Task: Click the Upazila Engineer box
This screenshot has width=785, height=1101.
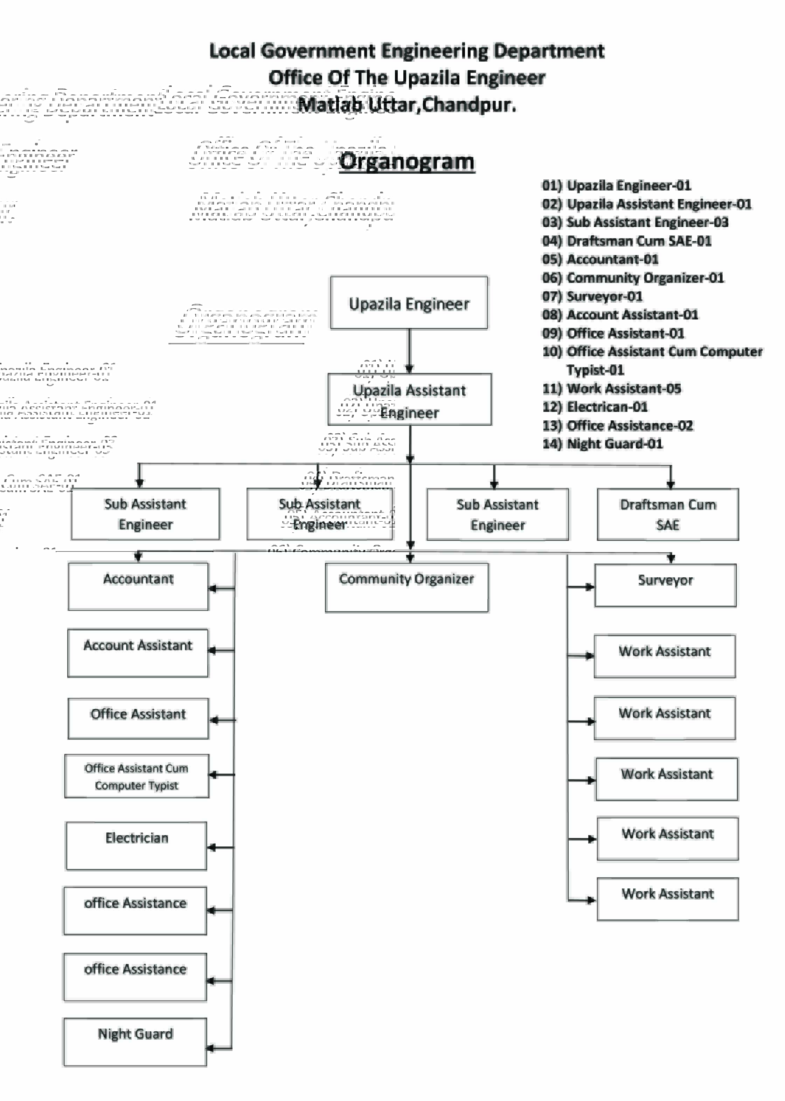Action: [x=409, y=303]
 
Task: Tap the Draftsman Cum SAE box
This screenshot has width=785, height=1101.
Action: [x=668, y=515]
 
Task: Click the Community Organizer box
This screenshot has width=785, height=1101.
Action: [x=407, y=587]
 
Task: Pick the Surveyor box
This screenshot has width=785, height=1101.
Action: [x=665, y=585]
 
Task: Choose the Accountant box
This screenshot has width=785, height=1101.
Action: [x=138, y=586]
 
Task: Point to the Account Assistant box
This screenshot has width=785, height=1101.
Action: [x=138, y=653]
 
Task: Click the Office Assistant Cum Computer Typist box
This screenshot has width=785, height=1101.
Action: [x=137, y=776]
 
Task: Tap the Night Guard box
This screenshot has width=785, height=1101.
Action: [x=136, y=1042]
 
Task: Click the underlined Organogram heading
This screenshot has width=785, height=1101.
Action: [x=407, y=161]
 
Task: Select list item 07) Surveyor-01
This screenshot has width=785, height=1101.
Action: [x=592, y=296]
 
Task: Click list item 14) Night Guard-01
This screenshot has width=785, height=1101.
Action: [x=602, y=444]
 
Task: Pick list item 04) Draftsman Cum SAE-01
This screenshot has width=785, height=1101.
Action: [x=626, y=241]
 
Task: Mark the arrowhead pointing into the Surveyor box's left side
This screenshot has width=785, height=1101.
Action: [x=590, y=587]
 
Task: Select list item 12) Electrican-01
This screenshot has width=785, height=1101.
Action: [x=595, y=407]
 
